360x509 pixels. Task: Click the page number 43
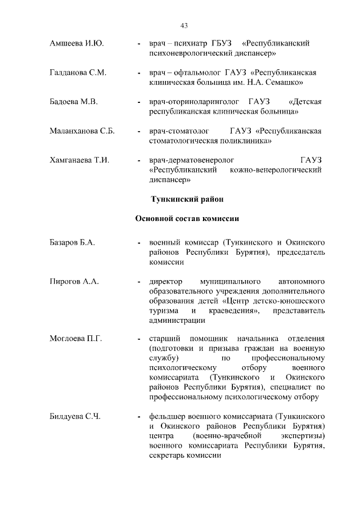click(x=184, y=25)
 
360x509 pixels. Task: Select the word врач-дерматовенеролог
click(x=192, y=160)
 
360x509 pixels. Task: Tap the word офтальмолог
click(x=200, y=73)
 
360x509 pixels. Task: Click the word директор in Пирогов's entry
click(x=166, y=281)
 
